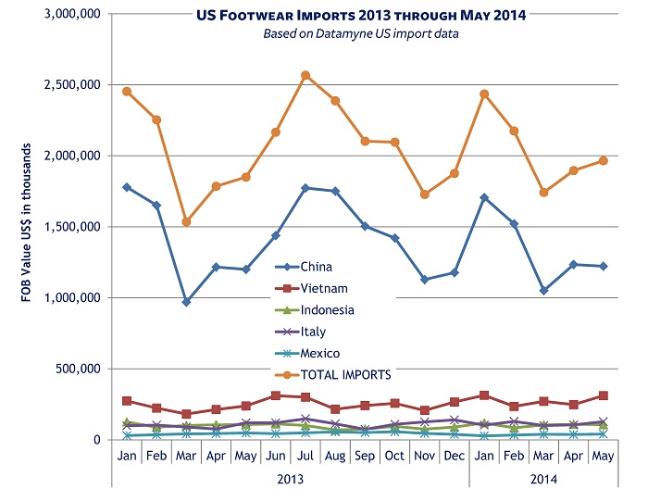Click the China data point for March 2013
tap(186, 302)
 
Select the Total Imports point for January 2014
tap(483, 94)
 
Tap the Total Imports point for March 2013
tap(186, 221)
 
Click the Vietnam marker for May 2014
tap(603, 395)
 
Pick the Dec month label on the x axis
tap(454, 457)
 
